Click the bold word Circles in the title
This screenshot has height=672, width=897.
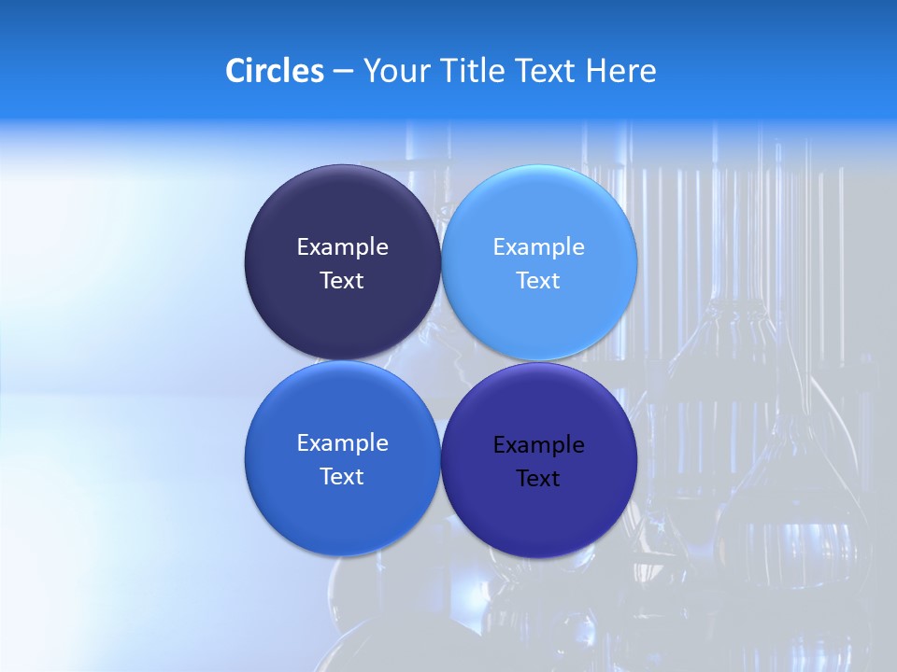[x=275, y=71]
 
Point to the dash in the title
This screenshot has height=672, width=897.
[x=343, y=72]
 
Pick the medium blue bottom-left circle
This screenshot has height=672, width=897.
[x=342, y=509]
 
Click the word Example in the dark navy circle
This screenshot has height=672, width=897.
[x=342, y=247]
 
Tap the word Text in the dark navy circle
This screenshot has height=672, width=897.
[x=342, y=281]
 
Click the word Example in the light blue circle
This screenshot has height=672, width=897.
[x=538, y=247]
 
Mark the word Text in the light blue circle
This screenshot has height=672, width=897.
[x=538, y=281]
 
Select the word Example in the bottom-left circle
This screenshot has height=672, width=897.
[x=342, y=443]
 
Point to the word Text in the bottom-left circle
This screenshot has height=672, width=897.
[x=342, y=477]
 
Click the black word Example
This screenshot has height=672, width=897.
[x=538, y=445]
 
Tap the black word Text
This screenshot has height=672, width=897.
[x=538, y=479]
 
